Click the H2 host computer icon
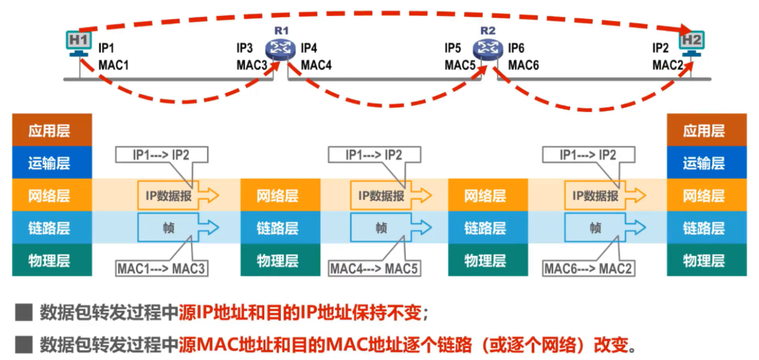pos(692,44)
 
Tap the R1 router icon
pos(280,47)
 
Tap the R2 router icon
pos(488,47)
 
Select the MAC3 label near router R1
pos(252,65)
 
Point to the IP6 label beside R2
pos(516,48)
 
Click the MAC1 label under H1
pos(114,65)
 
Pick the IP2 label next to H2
pos(661,48)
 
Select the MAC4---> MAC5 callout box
pos(374,268)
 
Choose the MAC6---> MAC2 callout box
pos(589,268)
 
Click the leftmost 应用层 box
pos(52,130)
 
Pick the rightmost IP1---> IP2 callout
pos(588,155)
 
